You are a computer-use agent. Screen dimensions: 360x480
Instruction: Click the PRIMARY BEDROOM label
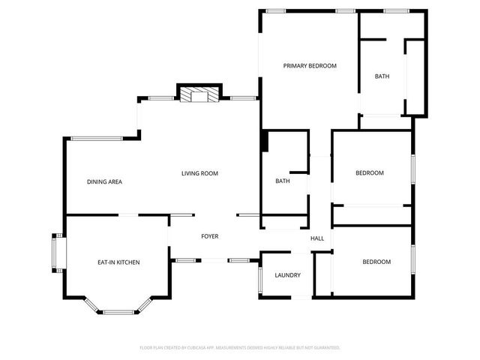310,66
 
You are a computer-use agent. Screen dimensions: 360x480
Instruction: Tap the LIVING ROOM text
199,173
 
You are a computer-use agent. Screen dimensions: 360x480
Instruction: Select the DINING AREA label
104,181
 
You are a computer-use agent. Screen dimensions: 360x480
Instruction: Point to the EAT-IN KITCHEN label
118,262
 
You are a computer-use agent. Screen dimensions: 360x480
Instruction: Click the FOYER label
209,236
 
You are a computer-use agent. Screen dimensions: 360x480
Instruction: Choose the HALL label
317,238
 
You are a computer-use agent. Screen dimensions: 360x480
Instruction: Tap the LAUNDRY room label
287,275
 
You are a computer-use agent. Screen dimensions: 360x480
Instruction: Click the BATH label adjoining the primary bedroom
382,76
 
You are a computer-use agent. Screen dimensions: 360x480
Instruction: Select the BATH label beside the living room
283,181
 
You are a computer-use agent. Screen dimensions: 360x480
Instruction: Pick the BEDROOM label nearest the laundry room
376,262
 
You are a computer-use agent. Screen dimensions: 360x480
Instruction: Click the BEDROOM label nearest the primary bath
369,173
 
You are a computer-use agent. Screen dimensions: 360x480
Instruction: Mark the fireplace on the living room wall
199,94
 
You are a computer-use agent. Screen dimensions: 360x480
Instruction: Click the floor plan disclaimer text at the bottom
240,347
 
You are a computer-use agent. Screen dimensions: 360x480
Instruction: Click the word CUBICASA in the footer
211,347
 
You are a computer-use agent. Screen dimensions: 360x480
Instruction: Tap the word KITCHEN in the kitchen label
128,262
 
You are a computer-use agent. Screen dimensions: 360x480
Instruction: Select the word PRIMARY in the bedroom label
295,66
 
